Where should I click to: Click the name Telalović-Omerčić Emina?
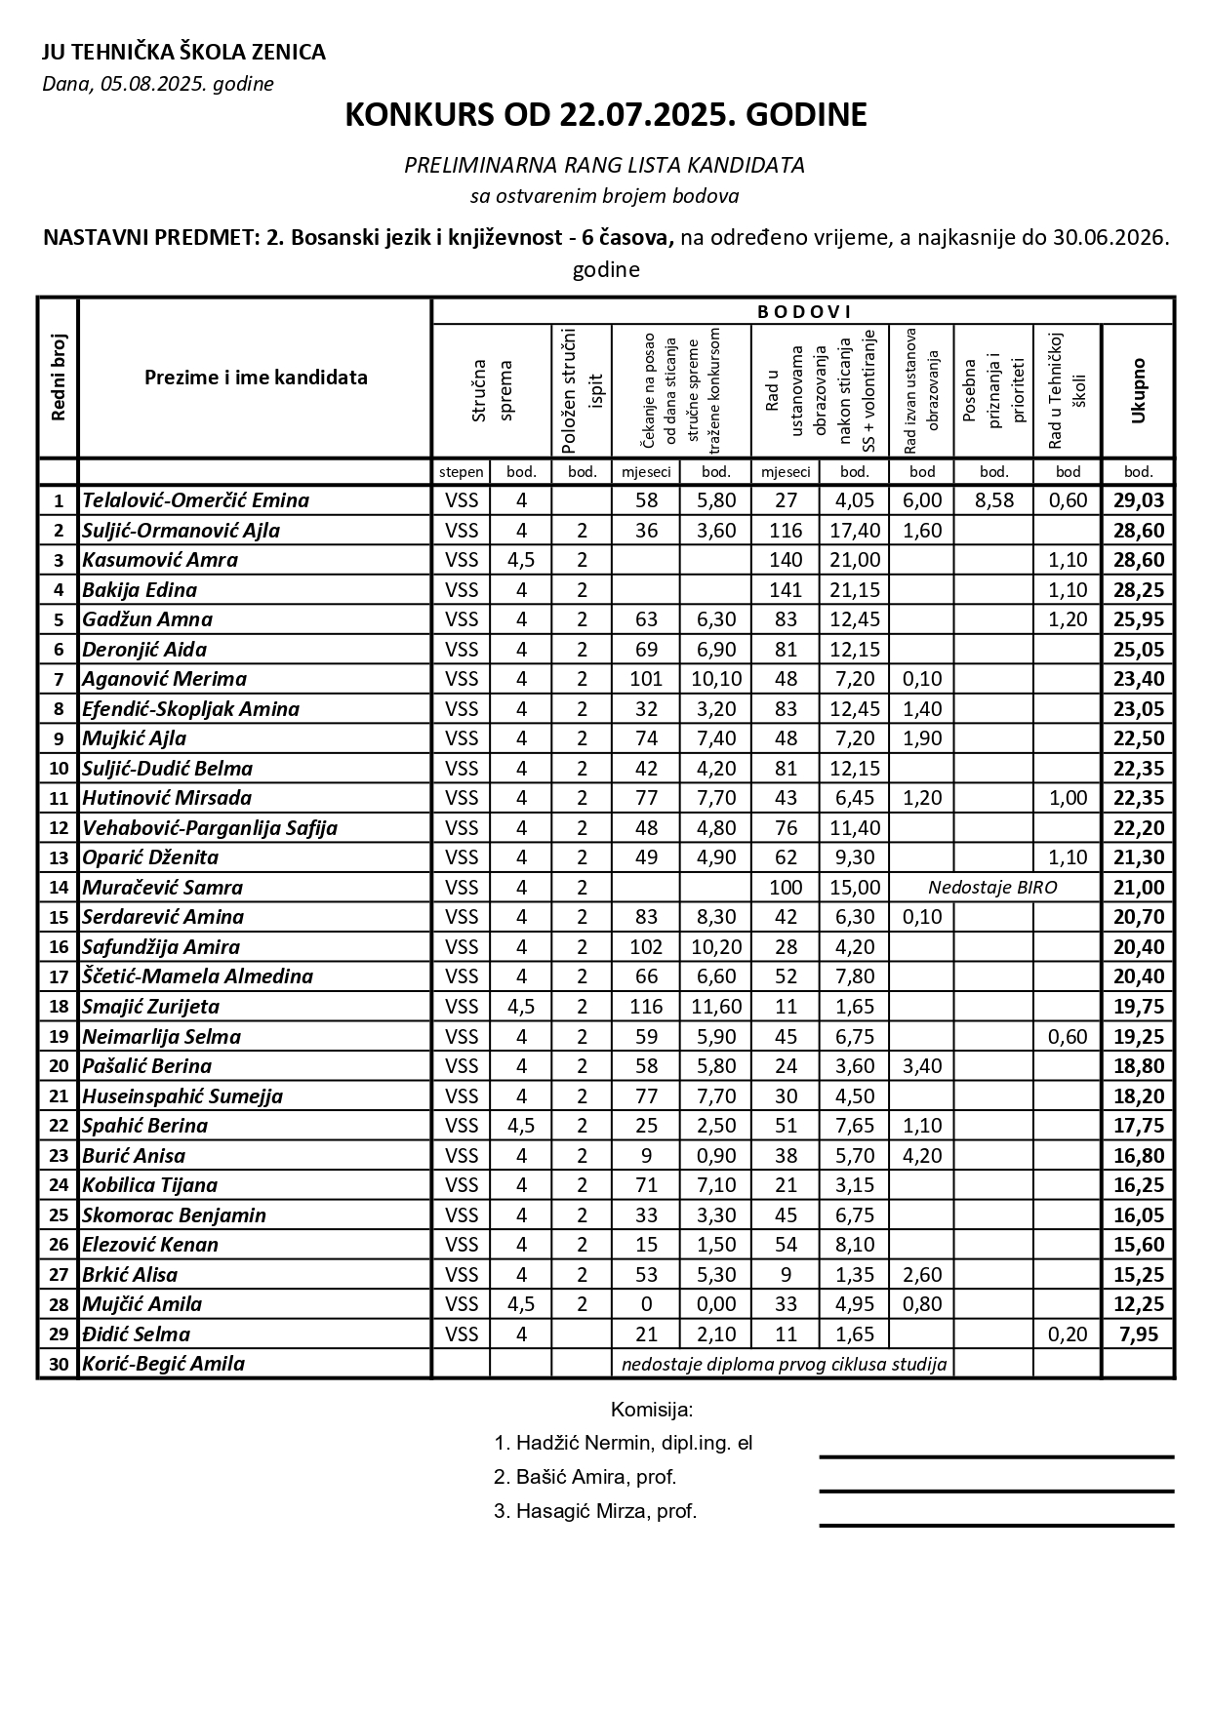coord(195,500)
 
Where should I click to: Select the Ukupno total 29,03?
coord(1138,500)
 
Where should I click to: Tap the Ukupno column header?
coord(1138,390)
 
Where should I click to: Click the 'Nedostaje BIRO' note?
coord(992,888)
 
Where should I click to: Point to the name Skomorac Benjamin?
coord(174,1215)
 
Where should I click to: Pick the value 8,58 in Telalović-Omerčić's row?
coord(993,500)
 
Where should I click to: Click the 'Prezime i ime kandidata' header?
coord(256,378)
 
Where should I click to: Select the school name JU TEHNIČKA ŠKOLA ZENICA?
coord(183,53)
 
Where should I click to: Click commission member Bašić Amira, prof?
coord(585,1477)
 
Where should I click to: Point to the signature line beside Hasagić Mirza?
coord(995,1525)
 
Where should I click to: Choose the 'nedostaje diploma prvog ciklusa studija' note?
coord(785,1364)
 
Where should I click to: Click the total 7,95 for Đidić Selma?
coord(1138,1334)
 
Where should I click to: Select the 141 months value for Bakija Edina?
coord(786,590)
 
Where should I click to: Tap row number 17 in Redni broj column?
coord(59,977)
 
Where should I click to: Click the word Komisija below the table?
coord(651,1410)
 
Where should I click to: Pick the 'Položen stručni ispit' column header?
coord(583,390)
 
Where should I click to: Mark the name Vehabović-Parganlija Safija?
coord(210,828)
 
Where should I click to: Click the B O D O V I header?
coord(804,312)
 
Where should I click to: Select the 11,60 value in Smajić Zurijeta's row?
coord(716,1007)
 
